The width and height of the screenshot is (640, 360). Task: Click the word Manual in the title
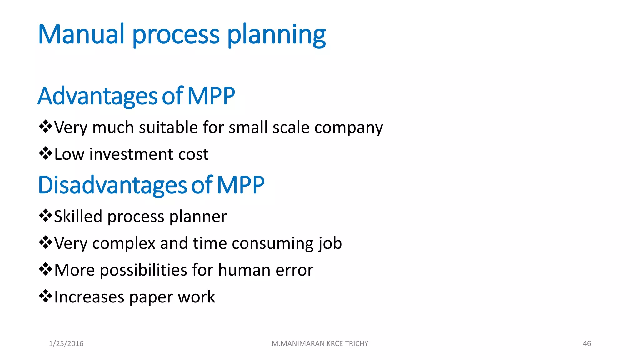tap(81, 34)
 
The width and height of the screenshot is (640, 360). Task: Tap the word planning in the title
tap(276, 35)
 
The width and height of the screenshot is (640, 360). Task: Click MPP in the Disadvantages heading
tap(240, 185)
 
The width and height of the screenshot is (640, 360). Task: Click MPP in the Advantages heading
tap(211, 96)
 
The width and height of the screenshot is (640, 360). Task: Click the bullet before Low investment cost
tap(46, 153)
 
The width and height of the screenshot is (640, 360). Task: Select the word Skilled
tap(78, 217)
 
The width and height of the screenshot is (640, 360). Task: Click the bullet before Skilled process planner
tap(46, 216)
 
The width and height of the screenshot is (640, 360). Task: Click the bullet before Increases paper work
tap(46, 296)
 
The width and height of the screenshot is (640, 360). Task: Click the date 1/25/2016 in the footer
tap(66, 344)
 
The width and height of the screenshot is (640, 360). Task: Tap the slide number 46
tap(587, 344)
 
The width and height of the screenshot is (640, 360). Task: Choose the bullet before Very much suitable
tap(46, 127)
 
